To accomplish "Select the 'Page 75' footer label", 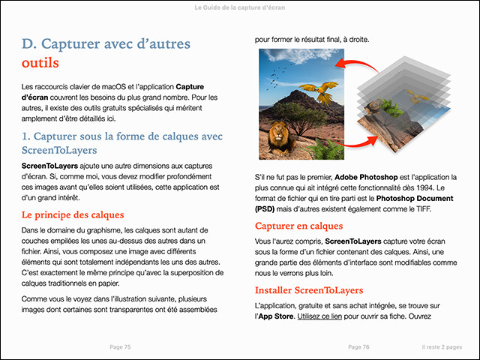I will pos(120,347).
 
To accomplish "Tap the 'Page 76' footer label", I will pos(359,347).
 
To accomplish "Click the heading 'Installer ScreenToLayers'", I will pos(309,289).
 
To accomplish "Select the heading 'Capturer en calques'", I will pos(299,226).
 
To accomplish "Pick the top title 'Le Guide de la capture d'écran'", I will pos(239,8).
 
